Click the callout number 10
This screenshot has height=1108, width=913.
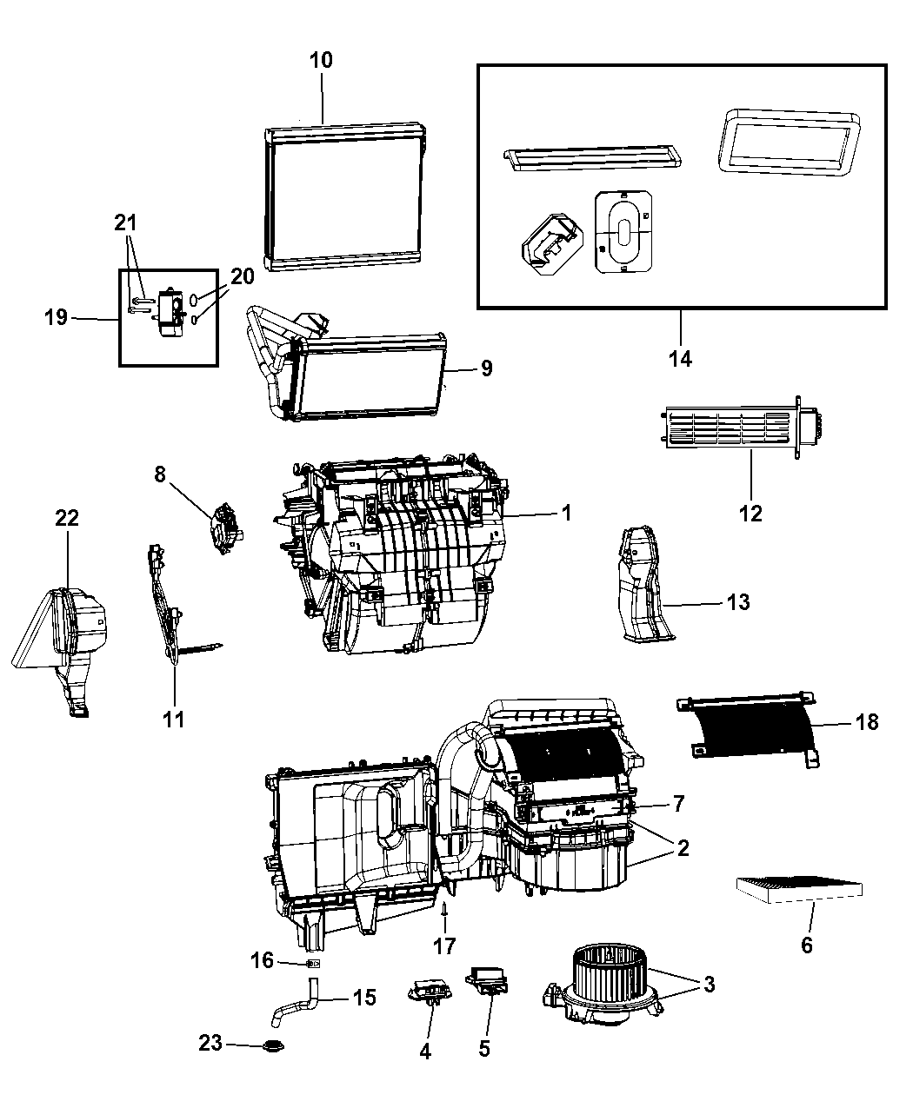pos(321,60)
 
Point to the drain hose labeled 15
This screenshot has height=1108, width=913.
pos(297,1004)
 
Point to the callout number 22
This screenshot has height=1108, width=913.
pos(67,518)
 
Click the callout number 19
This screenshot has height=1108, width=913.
pos(57,317)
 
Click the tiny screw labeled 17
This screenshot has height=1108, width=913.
pos(445,909)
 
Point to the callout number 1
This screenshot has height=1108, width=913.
pos(566,514)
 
